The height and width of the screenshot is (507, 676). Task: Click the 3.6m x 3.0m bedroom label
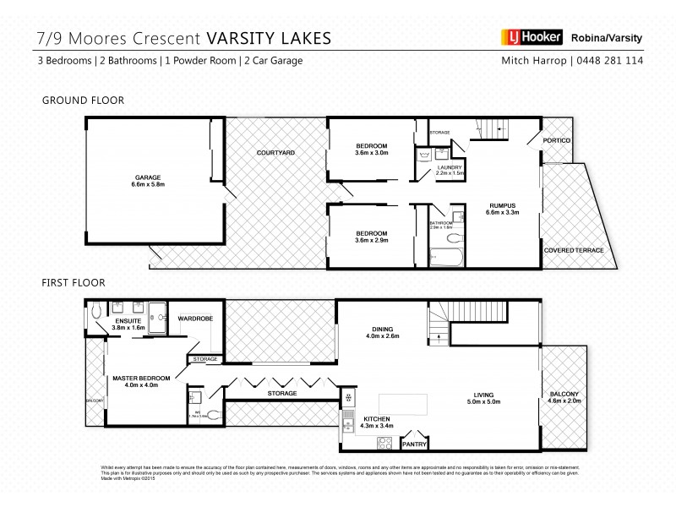click(x=371, y=150)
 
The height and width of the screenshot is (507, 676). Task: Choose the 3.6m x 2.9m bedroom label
click(x=371, y=237)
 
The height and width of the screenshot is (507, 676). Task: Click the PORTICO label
click(x=557, y=139)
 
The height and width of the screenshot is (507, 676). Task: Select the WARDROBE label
click(x=196, y=319)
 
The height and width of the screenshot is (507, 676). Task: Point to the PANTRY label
click(x=414, y=443)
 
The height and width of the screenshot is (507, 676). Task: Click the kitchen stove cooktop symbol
click(x=384, y=442)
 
